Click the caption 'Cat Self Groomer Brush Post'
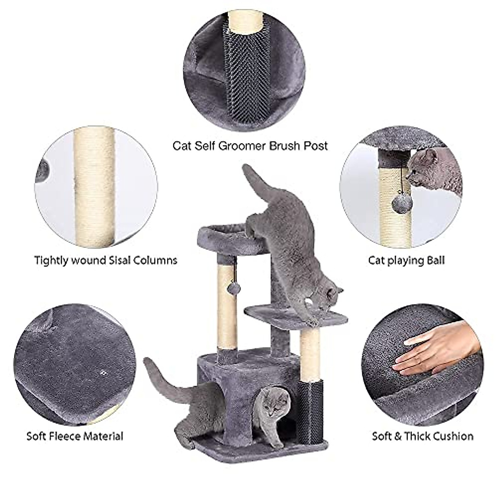click(250, 145)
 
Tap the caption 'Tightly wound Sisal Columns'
click(106, 261)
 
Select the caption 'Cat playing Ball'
click(406, 261)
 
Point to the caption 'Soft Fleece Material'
click(75, 436)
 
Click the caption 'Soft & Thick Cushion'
click(422, 436)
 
